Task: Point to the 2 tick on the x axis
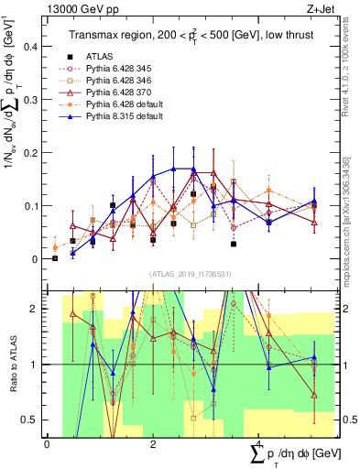coord(153,444)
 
